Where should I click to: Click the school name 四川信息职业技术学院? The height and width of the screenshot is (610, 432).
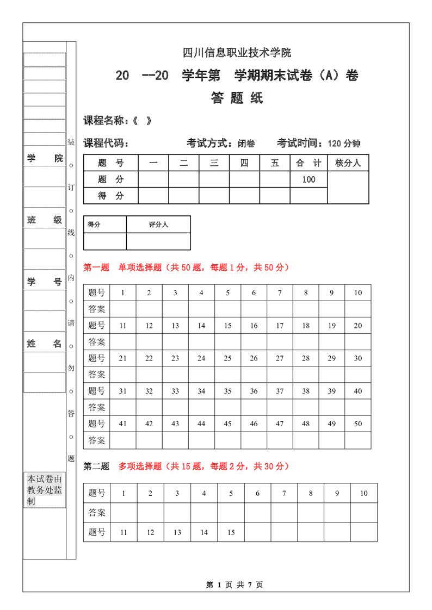(237, 53)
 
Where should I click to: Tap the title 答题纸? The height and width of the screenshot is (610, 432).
(237, 98)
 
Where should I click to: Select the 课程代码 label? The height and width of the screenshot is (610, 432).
(106, 144)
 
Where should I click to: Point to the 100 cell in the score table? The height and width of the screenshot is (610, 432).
(308, 179)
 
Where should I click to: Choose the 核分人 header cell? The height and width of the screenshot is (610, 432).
(348, 163)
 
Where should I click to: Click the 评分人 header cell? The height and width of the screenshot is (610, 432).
(158, 224)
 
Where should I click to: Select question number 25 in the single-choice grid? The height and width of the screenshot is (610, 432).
(227, 358)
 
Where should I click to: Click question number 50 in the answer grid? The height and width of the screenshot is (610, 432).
(358, 424)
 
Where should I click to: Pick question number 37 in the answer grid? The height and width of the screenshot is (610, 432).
(280, 391)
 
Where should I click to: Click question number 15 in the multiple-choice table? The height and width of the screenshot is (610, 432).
(231, 532)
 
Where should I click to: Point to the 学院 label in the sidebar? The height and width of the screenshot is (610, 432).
(45, 158)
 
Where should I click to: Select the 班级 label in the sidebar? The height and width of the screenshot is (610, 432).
(45, 220)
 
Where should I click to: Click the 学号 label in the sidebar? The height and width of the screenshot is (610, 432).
(45, 281)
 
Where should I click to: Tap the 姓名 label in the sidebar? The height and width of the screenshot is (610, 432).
(45, 344)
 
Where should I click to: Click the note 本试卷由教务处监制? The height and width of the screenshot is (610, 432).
(45, 490)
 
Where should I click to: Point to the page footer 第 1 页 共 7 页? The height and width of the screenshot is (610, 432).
(234, 585)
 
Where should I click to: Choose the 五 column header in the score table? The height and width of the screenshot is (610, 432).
(275, 163)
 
